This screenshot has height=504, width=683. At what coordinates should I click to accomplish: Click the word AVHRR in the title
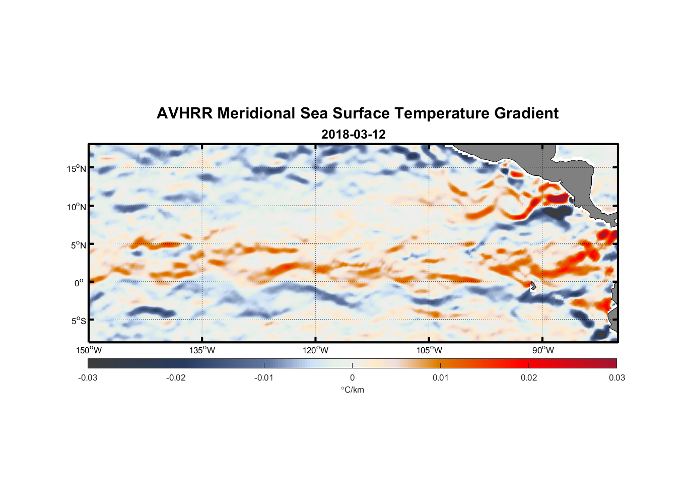click(184, 113)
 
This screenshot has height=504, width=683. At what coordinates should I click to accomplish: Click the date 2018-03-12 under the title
click(353, 135)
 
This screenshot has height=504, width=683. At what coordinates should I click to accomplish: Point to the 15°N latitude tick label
click(77, 168)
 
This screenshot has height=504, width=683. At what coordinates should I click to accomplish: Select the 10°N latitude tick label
click(77, 207)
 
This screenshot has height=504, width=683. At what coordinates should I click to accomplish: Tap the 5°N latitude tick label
click(78, 245)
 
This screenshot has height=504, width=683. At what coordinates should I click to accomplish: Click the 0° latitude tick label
click(79, 283)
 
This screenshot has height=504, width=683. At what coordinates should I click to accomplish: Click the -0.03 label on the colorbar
click(88, 378)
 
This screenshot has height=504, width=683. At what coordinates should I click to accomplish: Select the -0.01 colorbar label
click(264, 378)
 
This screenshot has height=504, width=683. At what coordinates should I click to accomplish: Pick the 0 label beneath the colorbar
click(352, 378)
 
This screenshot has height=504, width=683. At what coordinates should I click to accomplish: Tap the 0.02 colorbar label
click(529, 378)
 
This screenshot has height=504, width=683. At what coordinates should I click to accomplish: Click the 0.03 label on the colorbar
click(617, 378)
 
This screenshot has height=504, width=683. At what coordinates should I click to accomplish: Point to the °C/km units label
click(353, 390)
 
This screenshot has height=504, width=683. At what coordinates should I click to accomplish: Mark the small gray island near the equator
click(532, 286)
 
